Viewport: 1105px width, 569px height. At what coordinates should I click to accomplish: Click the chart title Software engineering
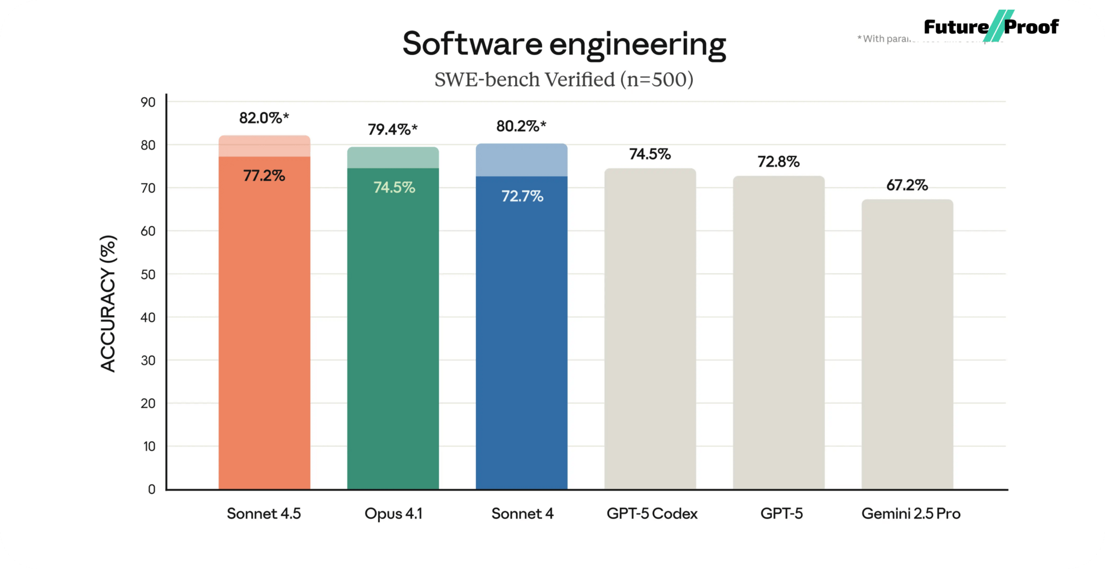pos(564,44)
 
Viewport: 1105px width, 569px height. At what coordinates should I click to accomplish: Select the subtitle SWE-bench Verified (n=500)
pos(564,79)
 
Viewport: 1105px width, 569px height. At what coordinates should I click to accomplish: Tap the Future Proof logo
pos(991,26)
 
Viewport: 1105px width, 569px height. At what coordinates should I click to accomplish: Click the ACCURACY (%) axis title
pos(108,303)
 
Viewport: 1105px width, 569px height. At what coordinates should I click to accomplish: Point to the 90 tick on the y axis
pos(148,102)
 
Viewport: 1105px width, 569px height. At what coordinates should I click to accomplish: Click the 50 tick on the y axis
pos(148,274)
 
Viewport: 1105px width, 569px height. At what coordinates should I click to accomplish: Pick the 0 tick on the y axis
pos(151,489)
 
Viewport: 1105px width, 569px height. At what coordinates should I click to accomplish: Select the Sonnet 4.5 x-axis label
pos(264,513)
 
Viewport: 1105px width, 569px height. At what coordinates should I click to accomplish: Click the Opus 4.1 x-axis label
pos(394,513)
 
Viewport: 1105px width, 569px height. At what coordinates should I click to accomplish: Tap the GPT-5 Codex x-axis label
pos(651,513)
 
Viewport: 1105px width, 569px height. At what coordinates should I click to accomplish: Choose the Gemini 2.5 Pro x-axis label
pos(910,513)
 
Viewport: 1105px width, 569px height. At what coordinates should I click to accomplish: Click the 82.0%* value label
pos(264,118)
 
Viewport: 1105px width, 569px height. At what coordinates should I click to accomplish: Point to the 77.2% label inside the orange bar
pos(264,175)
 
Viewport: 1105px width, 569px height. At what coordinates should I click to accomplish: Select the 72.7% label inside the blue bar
pos(522,196)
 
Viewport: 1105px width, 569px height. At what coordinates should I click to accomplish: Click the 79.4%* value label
pos(393,129)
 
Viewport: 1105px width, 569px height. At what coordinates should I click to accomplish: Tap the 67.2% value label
pos(907,185)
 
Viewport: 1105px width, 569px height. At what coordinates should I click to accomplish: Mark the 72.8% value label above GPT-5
pos(779,162)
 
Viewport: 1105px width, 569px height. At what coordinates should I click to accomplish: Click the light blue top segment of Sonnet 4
pos(521,160)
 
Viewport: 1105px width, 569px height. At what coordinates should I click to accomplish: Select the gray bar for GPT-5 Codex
pos(650,328)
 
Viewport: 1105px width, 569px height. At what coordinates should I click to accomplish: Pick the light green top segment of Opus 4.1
pos(393,158)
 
